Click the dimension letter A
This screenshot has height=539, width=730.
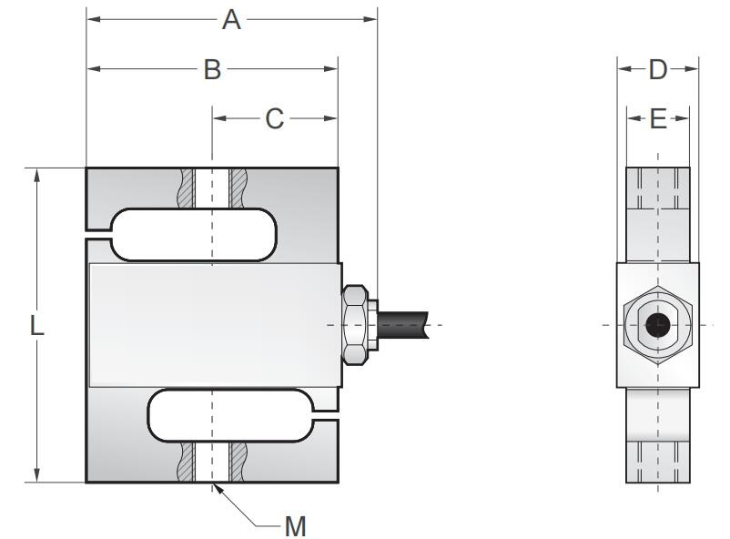pyautogui.click(x=232, y=19)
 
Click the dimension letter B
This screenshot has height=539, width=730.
pyautogui.click(x=212, y=70)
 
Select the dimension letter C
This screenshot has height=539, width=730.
pyautogui.click(x=275, y=119)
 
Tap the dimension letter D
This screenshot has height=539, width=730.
pyautogui.click(x=658, y=69)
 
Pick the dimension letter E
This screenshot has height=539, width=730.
pyautogui.click(x=658, y=119)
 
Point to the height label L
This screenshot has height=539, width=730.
pyautogui.click(x=36, y=325)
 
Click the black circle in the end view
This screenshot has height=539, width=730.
pyautogui.click(x=657, y=325)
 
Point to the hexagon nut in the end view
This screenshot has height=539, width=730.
pyautogui.click(x=657, y=325)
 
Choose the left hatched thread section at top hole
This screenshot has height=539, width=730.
pyautogui.click(x=188, y=188)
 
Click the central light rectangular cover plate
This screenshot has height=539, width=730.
pyautogui.click(x=214, y=323)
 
